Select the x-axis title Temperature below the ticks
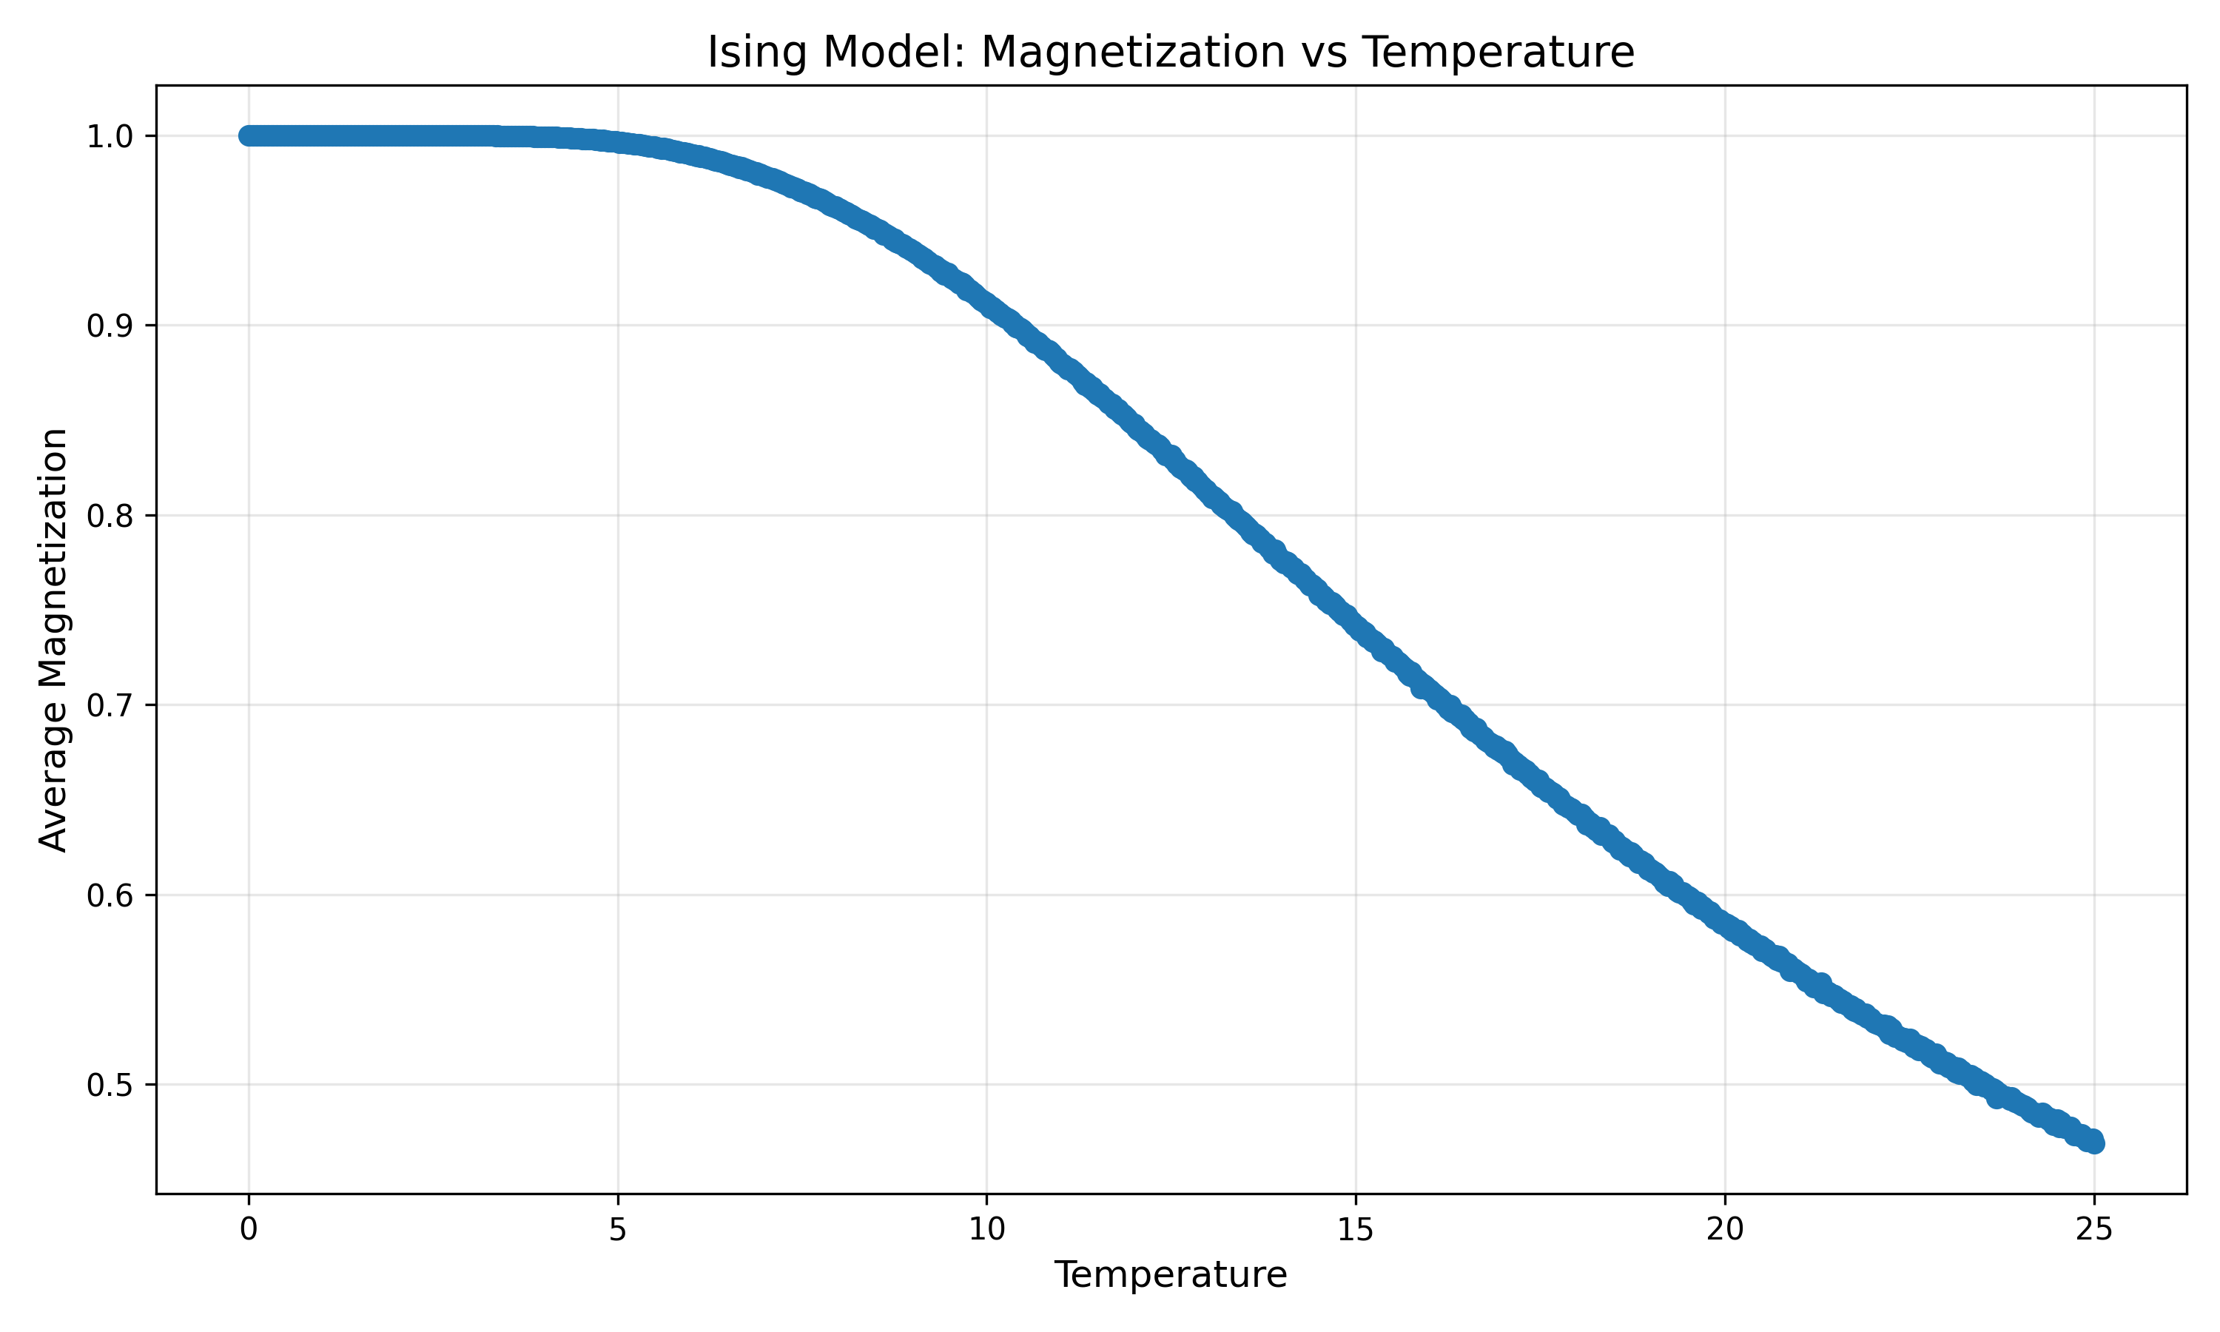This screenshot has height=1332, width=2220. pos(1170,1274)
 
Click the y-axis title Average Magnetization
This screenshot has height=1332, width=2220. pos(54,639)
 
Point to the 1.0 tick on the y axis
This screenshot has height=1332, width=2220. pos(110,136)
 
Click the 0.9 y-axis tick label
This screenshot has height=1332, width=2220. pos(110,326)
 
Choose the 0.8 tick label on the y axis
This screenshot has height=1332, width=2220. pos(110,516)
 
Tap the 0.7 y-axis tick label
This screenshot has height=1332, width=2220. pos(110,705)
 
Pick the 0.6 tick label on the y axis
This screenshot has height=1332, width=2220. pos(110,896)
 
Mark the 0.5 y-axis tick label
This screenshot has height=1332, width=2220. pos(110,1085)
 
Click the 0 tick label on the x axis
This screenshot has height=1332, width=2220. pos(249,1230)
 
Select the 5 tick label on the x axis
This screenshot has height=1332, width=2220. pos(617,1230)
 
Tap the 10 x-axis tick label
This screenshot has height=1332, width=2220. pos(986,1230)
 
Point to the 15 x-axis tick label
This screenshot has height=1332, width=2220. pos(1355,1230)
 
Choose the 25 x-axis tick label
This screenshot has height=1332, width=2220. pos(2093,1230)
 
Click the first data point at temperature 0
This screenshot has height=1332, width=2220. pos(249,135)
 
